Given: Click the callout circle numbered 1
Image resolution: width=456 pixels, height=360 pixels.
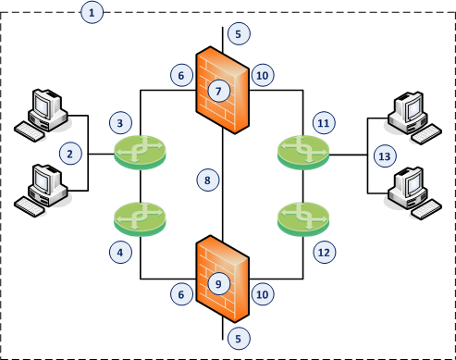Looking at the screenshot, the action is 92,13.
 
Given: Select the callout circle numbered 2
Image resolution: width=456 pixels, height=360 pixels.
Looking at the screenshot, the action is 70,154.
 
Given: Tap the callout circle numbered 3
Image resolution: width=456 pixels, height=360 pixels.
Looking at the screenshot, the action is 120,123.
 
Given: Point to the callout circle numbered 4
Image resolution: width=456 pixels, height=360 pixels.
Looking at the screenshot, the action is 120,252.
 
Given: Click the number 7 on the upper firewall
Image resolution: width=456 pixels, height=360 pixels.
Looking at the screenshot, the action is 219,91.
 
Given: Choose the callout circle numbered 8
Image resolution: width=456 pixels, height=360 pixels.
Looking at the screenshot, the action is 208,180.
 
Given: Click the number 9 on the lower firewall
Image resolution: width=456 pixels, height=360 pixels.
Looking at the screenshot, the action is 219,283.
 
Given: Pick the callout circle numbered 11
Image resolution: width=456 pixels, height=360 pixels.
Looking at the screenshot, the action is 324,123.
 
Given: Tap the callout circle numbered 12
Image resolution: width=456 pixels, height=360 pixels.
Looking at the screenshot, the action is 324,252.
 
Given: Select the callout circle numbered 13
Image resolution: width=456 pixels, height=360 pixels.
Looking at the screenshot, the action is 385,156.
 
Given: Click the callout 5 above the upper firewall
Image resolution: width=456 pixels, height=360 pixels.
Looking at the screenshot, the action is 239,33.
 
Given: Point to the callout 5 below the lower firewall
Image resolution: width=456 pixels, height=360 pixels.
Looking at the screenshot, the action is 239,339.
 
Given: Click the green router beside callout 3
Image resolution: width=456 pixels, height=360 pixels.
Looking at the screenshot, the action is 141,153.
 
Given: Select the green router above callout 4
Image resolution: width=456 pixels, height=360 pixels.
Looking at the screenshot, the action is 141,219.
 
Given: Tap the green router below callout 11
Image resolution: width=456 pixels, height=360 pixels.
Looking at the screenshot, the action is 303,153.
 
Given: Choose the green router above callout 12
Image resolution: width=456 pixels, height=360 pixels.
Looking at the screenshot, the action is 303,219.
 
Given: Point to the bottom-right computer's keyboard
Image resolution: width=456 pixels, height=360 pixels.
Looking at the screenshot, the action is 426,209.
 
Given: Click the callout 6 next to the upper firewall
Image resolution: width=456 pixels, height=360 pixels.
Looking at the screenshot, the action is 181,75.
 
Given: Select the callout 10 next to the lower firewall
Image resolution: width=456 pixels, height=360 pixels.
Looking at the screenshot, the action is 263,294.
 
